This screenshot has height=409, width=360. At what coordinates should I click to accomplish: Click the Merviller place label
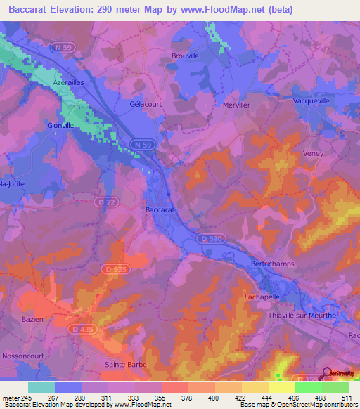pyautogui.click(x=236, y=105)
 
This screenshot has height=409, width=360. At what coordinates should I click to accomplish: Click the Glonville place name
pyautogui.click(x=60, y=125)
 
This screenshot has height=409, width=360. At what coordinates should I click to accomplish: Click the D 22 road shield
pyautogui.click(x=104, y=201)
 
